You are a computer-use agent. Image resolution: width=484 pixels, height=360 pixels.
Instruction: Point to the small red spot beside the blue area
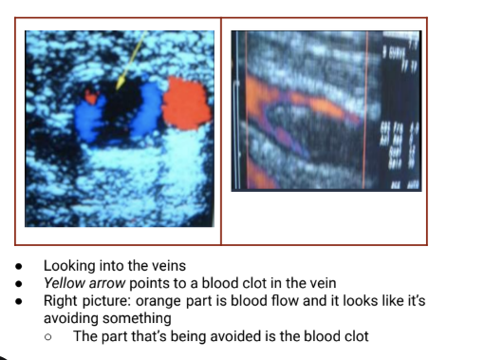point(91,96)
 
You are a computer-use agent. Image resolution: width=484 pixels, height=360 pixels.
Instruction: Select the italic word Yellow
point(65,283)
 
